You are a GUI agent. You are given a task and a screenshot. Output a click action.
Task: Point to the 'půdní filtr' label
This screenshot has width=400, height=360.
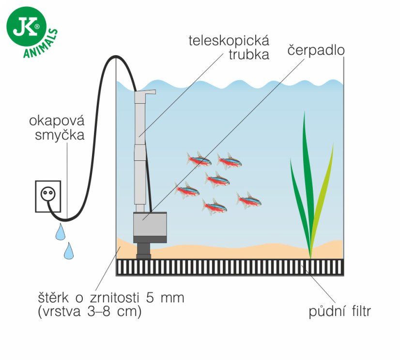coord(340,312)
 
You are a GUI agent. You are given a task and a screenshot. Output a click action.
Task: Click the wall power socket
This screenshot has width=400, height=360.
coord(48,196)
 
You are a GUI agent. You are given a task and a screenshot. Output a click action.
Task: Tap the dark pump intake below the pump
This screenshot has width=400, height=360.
coord(143,248)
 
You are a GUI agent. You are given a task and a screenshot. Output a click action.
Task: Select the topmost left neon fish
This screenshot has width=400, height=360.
coord(199,158)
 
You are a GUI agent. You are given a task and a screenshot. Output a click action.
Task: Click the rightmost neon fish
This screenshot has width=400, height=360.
coord(249,199)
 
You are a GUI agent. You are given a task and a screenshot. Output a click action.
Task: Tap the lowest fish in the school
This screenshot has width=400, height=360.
coord(214,206)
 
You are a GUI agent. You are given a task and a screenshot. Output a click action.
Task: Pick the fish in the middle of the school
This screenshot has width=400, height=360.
coord(216,179)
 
